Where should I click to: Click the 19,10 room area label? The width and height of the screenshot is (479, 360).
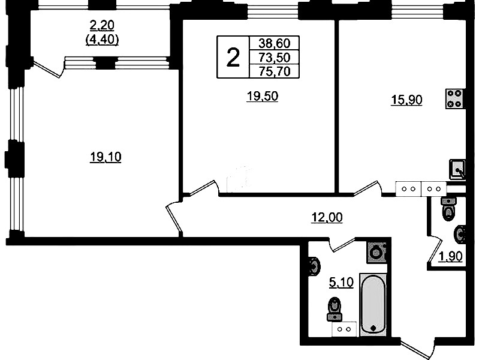click(x=106, y=157)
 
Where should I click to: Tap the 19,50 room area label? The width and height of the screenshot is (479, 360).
click(x=262, y=97)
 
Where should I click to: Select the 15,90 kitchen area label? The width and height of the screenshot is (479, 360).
click(x=406, y=100)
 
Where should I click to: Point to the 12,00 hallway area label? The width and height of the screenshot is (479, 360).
click(x=327, y=217)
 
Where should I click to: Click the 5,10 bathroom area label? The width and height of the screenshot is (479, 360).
click(x=341, y=283)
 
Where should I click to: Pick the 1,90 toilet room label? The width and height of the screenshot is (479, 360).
click(x=451, y=257)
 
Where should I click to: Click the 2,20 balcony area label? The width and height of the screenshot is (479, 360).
click(x=102, y=26)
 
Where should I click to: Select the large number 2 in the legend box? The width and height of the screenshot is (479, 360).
click(x=233, y=58)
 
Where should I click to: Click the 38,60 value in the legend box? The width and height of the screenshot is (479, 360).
click(x=275, y=43)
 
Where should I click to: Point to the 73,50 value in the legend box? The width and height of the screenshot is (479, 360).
click(x=275, y=58)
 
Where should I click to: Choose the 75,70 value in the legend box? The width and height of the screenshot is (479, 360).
click(x=275, y=71)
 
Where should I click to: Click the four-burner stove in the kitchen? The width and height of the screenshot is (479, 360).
click(x=454, y=98)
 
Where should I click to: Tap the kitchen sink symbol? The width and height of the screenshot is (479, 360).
click(x=457, y=169)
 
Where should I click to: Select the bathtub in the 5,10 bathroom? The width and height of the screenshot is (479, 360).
click(x=373, y=305)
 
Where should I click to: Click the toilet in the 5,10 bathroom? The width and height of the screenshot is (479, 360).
click(x=335, y=309)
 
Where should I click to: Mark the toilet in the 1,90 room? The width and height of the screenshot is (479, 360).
click(x=449, y=209)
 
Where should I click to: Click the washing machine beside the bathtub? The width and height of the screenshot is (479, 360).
click(x=376, y=253)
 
